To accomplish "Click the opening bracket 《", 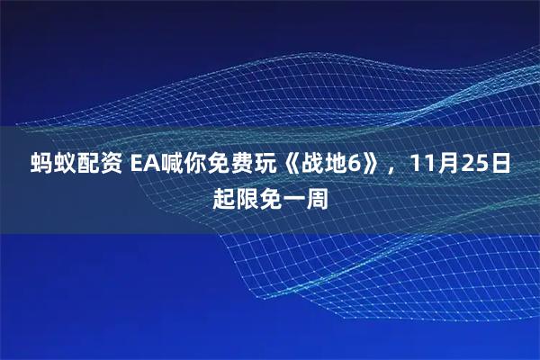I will pyautogui.click(x=292, y=165).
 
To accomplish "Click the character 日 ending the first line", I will pyautogui.click(x=507, y=165).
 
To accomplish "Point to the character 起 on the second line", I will pyautogui.click(x=224, y=196).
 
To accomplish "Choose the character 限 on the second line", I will pyautogui.click(x=248, y=196).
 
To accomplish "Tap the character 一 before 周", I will pyautogui.click(x=293, y=196).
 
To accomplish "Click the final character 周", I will pyautogui.click(x=317, y=196).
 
